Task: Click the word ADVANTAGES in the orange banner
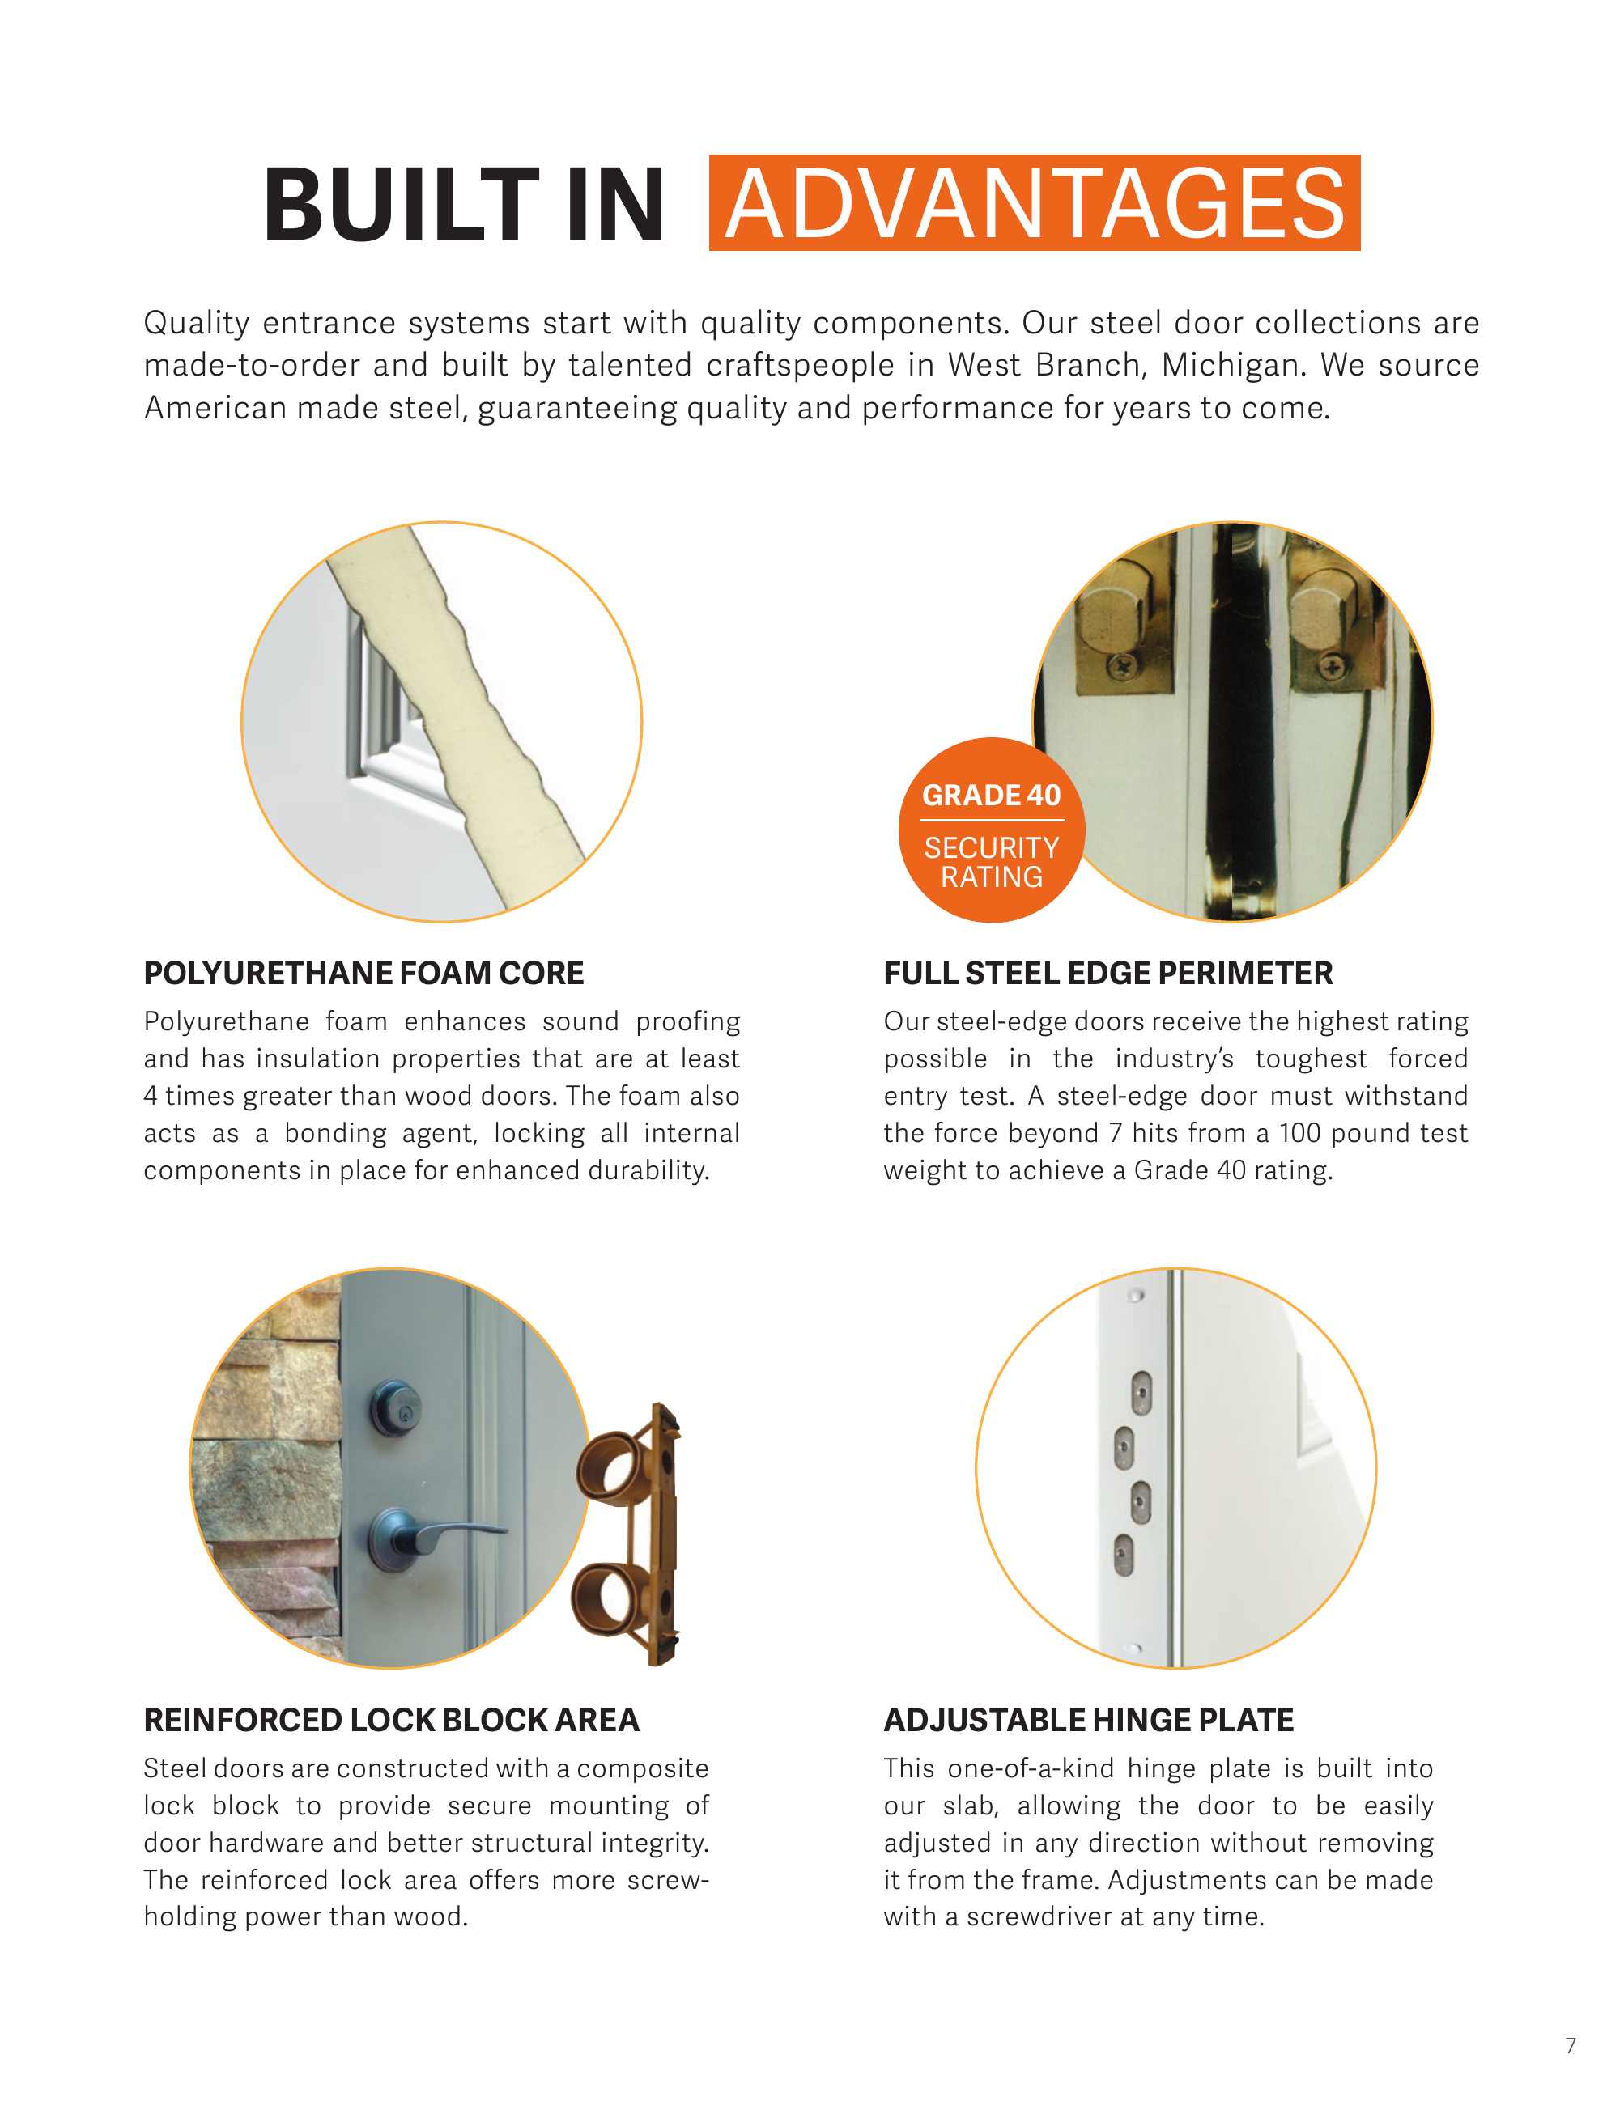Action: pyautogui.click(x=1035, y=203)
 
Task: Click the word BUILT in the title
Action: pyautogui.click(x=400, y=205)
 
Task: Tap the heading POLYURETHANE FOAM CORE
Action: pyautogui.click(x=363, y=973)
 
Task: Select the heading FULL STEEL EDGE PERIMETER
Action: pyautogui.click(x=1107, y=973)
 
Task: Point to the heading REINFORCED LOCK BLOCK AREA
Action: pyautogui.click(x=390, y=1720)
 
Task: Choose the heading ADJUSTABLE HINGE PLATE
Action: pyautogui.click(x=1088, y=1720)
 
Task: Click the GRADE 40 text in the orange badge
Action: pyautogui.click(x=991, y=796)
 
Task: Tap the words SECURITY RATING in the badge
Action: pyautogui.click(x=991, y=862)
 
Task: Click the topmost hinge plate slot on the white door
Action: pyautogui.click(x=1141, y=1392)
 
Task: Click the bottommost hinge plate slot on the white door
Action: pyautogui.click(x=1123, y=1555)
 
